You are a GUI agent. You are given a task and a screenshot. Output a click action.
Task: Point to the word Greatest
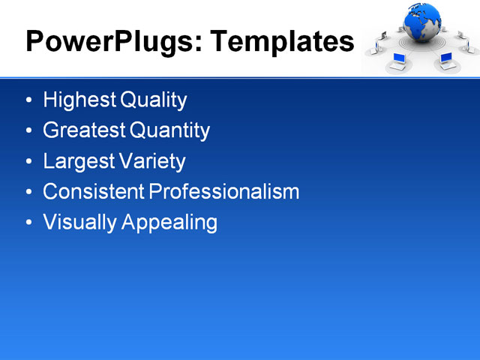[84, 130]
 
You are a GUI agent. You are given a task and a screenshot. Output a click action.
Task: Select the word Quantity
[170, 130]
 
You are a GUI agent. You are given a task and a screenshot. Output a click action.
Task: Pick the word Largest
[79, 161]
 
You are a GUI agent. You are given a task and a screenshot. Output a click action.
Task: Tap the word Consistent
[94, 192]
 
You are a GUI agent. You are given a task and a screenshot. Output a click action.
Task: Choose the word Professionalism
[224, 192]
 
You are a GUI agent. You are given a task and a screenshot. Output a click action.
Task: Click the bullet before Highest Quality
[28, 100]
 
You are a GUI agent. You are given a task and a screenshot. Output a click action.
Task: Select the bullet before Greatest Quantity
[28, 131]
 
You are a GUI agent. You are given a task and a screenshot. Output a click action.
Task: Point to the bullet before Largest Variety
[28, 162]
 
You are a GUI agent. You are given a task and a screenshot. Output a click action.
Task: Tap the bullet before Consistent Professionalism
[28, 193]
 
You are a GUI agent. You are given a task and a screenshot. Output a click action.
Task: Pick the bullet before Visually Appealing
[28, 223]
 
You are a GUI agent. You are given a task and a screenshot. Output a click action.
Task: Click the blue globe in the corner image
[423, 22]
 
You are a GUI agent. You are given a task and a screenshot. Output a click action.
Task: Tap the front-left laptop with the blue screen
[397, 61]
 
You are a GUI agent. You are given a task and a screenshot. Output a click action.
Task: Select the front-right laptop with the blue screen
[446, 58]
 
